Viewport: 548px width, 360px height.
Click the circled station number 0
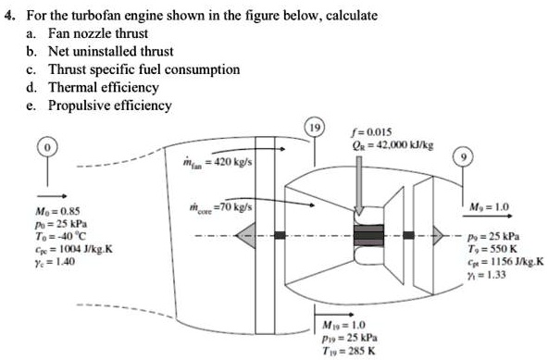point(44,148)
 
